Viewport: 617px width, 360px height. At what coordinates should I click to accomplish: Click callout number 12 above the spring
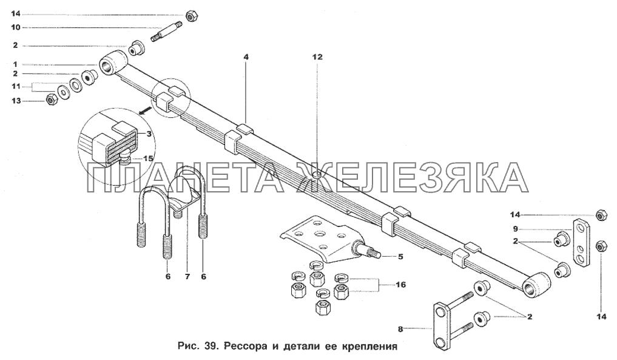point(317,57)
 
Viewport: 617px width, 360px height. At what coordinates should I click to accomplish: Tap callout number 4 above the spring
point(246,57)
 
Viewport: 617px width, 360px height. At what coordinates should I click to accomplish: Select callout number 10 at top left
point(15,27)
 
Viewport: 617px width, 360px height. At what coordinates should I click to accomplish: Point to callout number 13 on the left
point(16,101)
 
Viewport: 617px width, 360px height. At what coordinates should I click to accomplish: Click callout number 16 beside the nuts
point(400,284)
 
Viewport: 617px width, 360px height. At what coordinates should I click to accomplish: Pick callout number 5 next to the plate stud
point(400,257)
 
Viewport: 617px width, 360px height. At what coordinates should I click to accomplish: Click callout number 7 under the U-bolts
point(187,277)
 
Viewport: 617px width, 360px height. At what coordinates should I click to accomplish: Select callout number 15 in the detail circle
point(149,158)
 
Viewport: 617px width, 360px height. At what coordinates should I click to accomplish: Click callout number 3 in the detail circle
point(149,134)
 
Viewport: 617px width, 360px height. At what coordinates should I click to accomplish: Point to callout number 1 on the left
point(15,64)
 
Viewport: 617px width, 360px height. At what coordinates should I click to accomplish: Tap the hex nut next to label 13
point(51,100)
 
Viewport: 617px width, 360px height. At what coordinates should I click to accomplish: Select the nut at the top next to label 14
point(192,16)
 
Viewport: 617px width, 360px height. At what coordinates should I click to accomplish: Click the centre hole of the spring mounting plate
point(317,235)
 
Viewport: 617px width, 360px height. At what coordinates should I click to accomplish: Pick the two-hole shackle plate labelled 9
point(580,243)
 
